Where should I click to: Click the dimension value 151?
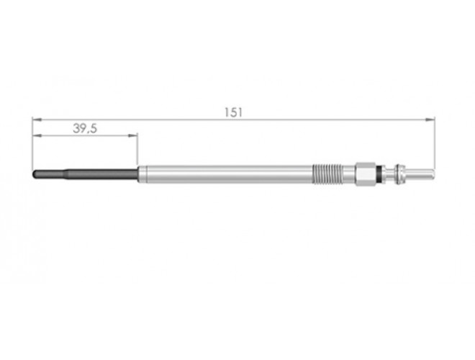233,112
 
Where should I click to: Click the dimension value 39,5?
85,128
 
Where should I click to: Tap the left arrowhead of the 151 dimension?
37,120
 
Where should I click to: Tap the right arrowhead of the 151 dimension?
430,120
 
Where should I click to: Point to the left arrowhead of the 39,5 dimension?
37,135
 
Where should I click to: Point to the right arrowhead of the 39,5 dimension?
133,135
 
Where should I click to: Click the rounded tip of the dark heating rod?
35,174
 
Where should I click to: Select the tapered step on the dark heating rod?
65,174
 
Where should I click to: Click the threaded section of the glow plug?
327,174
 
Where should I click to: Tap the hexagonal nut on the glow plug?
365,174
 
